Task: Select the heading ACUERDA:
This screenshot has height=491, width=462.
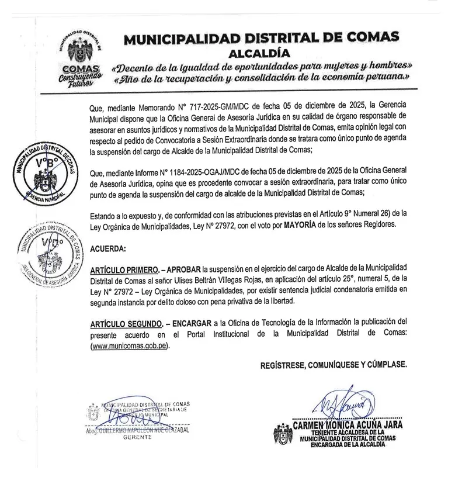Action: (x=108, y=249)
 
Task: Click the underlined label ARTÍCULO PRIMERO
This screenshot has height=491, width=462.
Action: (x=125, y=271)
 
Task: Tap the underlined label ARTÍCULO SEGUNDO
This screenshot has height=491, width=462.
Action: (x=126, y=323)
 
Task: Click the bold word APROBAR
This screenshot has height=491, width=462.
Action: (x=183, y=271)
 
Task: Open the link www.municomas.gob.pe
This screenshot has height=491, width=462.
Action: (x=129, y=345)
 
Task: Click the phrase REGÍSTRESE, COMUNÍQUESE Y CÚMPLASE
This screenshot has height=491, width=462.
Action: (x=334, y=365)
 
